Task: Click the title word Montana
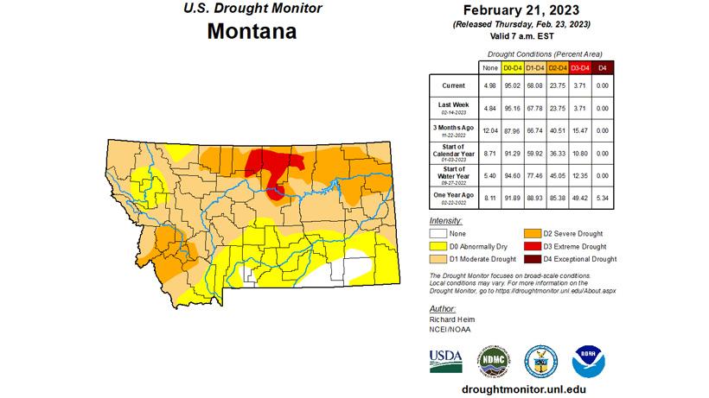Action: tap(252, 32)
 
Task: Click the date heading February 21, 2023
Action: tap(527, 9)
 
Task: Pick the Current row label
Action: tap(452, 85)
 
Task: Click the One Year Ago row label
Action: tap(452, 198)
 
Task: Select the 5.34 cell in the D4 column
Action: tap(603, 197)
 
